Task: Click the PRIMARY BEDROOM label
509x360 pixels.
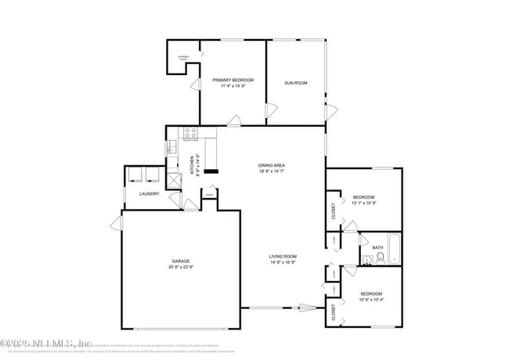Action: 233,79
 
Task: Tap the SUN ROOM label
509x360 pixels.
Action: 294,82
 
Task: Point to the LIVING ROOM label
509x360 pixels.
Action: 283,257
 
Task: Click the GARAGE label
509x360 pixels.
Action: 181,261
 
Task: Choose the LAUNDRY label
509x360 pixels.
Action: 150,193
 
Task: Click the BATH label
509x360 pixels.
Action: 377,247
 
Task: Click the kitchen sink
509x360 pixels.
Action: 171,147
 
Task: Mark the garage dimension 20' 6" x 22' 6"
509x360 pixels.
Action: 181,268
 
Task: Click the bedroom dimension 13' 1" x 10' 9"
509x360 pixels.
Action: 364,203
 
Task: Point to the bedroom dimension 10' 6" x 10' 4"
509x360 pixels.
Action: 371,299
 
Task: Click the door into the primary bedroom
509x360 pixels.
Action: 233,121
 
